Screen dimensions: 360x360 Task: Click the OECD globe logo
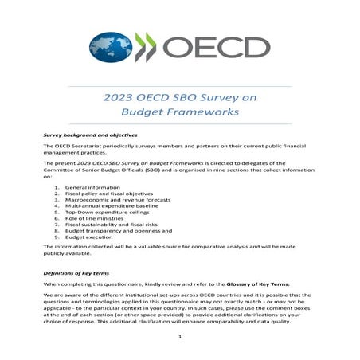[x=111, y=47]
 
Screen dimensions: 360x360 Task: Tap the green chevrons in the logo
[x=146, y=47]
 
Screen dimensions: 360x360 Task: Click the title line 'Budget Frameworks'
[x=179, y=113]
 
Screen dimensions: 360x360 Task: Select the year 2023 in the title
[x=119, y=98]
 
